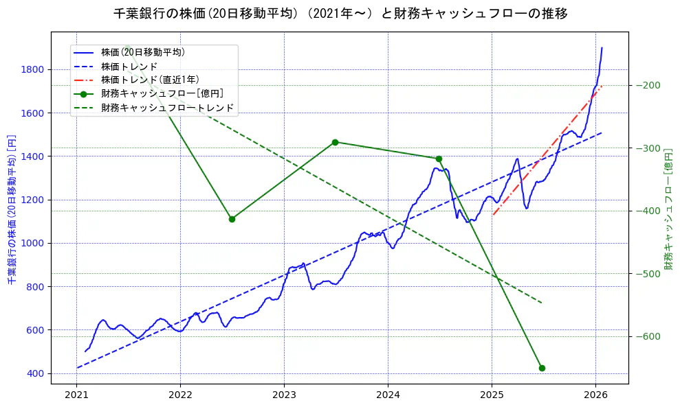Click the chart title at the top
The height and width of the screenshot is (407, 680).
(340, 14)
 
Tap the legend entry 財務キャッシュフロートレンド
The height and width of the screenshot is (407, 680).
(167, 108)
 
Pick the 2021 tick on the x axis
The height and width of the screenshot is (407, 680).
(76, 395)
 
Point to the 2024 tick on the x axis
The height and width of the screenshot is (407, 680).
(388, 395)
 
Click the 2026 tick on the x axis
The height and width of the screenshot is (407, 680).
(595, 395)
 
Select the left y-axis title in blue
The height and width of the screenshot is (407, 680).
(11, 209)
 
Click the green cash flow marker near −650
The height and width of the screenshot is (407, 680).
(542, 368)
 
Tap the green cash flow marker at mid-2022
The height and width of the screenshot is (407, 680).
(232, 219)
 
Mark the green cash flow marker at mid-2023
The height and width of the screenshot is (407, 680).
(335, 142)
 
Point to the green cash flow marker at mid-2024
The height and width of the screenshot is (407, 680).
(439, 159)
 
